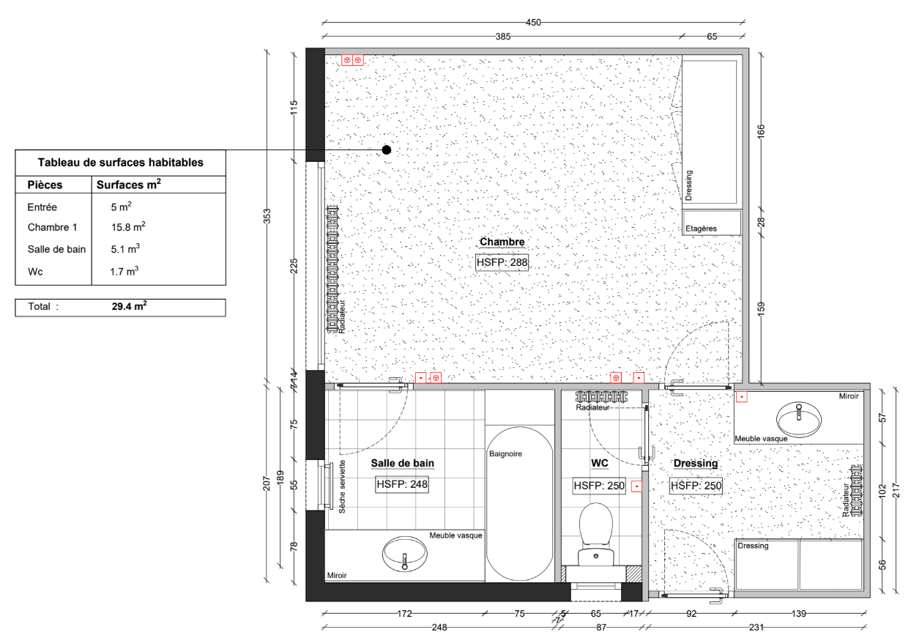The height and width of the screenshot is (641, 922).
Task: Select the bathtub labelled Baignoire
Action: point(519,503)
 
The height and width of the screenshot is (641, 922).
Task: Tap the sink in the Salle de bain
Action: point(404,554)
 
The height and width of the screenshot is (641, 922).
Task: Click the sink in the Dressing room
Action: point(798,420)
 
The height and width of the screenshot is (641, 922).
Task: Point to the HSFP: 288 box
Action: point(502,262)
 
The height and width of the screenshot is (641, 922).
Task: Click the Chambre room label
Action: point(502,242)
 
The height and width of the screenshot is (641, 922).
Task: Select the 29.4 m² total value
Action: point(129,306)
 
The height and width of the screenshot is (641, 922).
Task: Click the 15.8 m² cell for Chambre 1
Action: point(128,227)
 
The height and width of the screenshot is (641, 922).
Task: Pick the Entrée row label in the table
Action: point(42,207)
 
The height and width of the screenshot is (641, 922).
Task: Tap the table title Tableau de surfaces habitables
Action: point(121,163)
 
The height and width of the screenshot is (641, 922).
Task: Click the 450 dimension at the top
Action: point(533,23)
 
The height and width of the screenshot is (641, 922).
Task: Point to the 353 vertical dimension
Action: point(267,217)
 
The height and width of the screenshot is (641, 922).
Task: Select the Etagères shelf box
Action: point(712,223)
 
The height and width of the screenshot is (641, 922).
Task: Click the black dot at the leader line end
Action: point(386,150)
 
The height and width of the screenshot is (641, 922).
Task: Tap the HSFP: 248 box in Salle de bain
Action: point(402,484)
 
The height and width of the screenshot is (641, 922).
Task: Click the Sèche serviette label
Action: point(342,486)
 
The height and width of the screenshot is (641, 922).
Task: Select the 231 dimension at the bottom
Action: point(756,627)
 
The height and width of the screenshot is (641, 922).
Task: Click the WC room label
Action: point(599,463)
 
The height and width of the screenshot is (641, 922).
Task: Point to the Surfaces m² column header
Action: point(129,185)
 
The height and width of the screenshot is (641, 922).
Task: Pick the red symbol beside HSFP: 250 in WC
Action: point(636,486)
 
